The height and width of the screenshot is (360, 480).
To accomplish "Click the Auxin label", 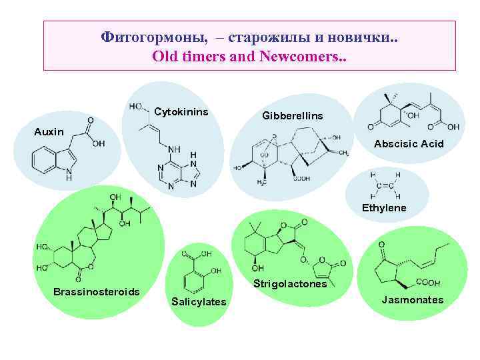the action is pyautogui.click(x=49, y=131).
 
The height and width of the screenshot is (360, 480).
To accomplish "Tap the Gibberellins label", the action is pyautogui.click(x=293, y=116).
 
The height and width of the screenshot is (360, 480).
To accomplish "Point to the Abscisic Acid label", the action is pyautogui.click(x=409, y=143).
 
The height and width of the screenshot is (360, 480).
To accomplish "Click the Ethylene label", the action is pyautogui.click(x=384, y=208).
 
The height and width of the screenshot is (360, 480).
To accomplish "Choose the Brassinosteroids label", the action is pyautogui.click(x=96, y=292).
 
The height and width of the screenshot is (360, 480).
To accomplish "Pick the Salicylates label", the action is pyautogui.click(x=199, y=302).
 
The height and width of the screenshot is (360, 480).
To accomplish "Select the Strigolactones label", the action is pyautogui.click(x=290, y=284).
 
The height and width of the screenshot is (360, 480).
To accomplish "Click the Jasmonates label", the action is pyautogui.click(x=412, y=300).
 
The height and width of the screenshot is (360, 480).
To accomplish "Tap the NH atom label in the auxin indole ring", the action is pyautogui.click(x=69, y=175).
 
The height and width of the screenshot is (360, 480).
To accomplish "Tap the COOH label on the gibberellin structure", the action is pyautogui.click(x=301, y=178).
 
